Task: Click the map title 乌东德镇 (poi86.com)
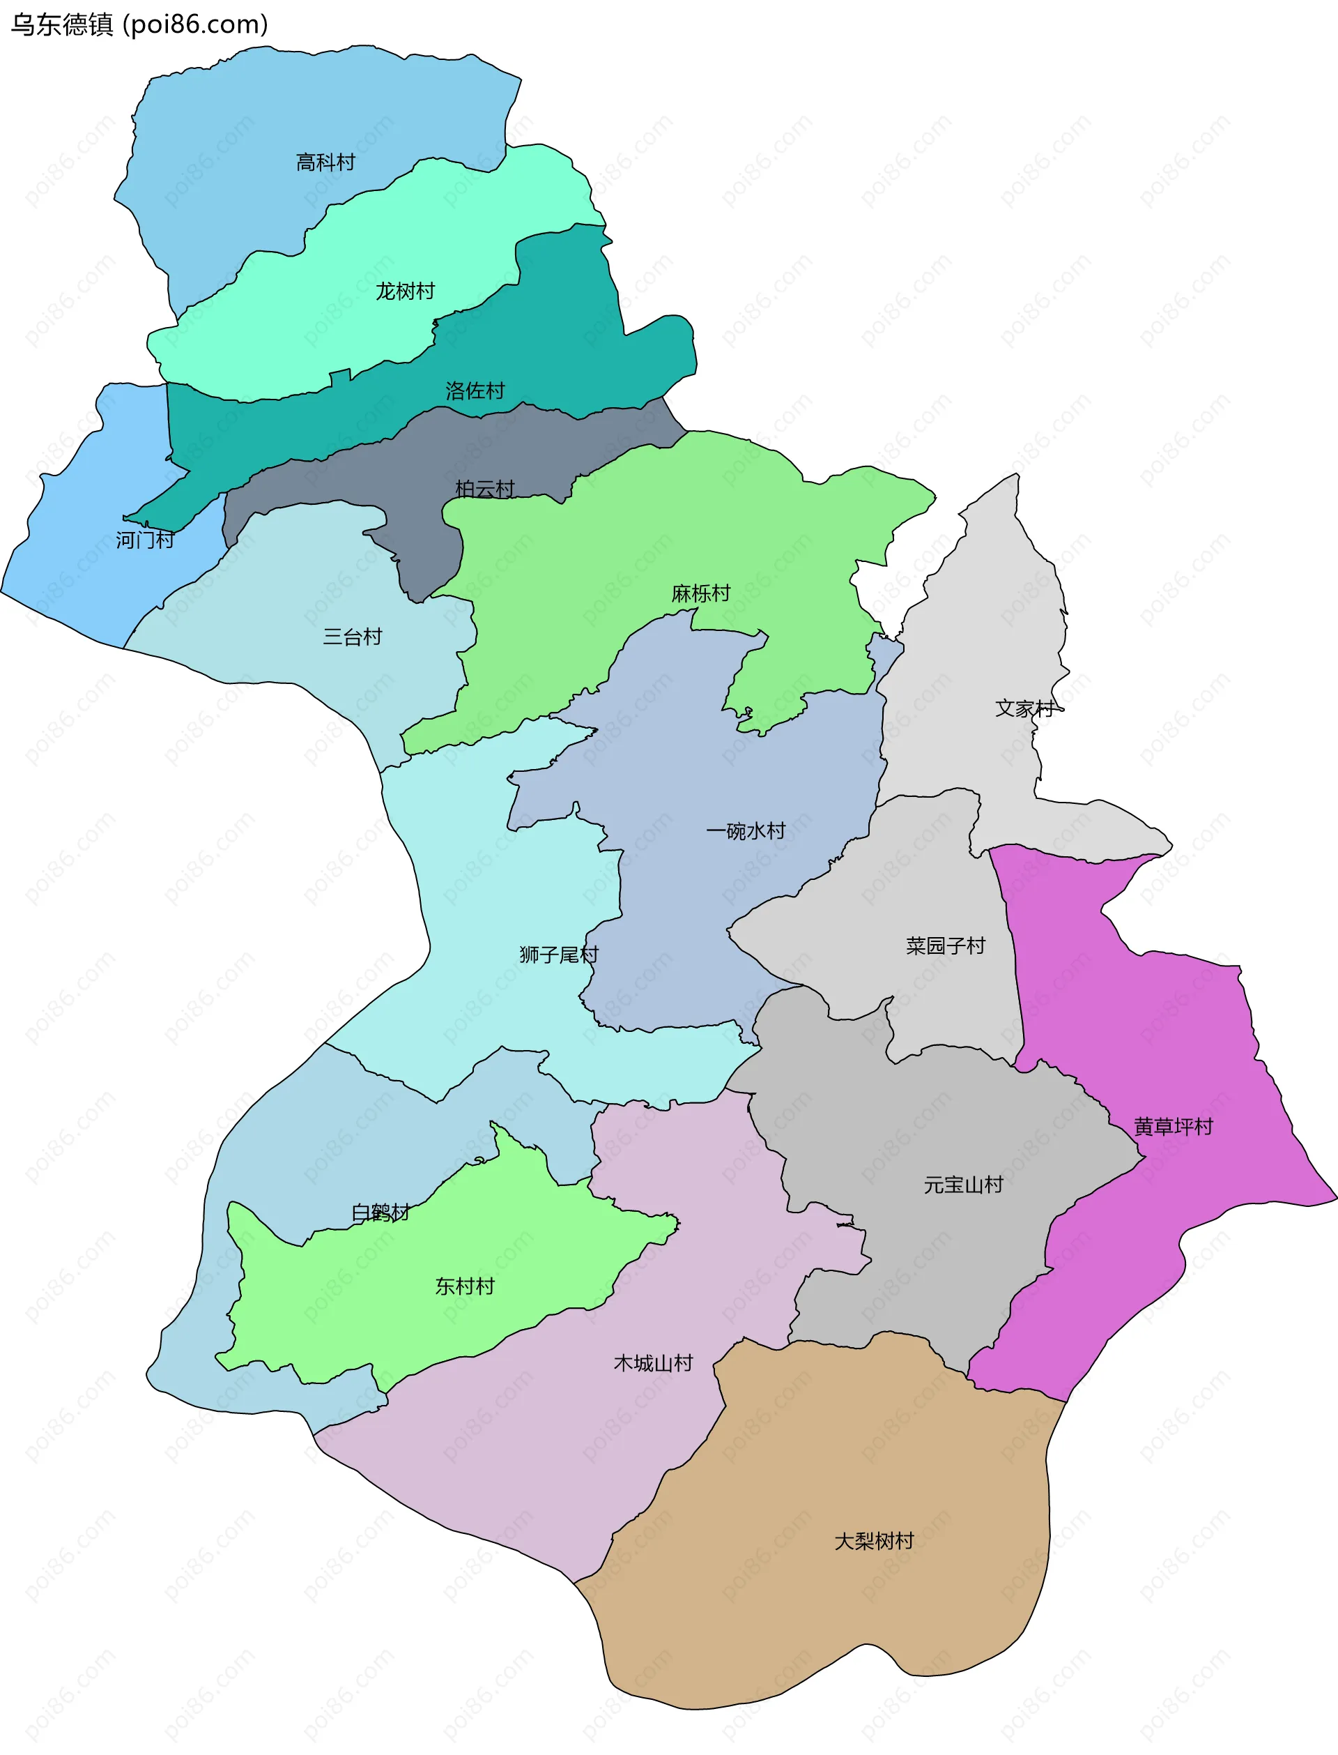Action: pos(139,24)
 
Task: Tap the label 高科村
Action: pos(325,163)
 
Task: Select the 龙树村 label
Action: pos(406,291)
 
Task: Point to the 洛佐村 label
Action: pos(475,391)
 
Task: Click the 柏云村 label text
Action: pos(485,489)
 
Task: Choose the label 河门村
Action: pos(145,540)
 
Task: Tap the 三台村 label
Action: pos(352,637)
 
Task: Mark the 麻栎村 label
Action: pos(701,593)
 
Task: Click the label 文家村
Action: pos(1025,708)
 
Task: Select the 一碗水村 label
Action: pos(746,832)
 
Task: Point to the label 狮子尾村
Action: pos(558,955)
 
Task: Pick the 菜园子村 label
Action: pos(946,945)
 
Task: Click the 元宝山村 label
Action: pos(963,1185)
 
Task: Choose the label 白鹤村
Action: pos(380,1213)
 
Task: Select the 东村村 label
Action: pos(464,1286)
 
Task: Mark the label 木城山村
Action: pos(653,1363)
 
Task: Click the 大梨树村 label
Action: pos(874,1541)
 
